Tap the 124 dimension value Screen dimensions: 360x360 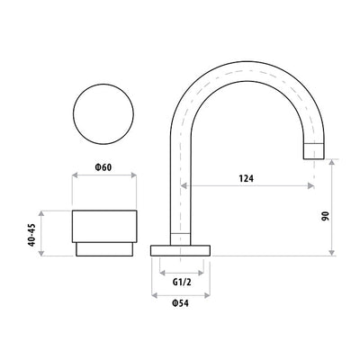(x=246, y=178)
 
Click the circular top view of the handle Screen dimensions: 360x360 (x=103, y=118)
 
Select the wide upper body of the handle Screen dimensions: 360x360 (x=103, y=225)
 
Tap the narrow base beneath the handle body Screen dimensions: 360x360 (x=103, y=249)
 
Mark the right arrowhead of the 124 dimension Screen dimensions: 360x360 (x=310, y=186)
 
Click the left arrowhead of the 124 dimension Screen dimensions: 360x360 (x=185, y=186)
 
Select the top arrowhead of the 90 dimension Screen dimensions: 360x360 (x=334, y=163)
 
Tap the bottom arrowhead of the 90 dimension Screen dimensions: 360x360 (x=334, y=253)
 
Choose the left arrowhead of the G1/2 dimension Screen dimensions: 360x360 (x=162, y=271)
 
